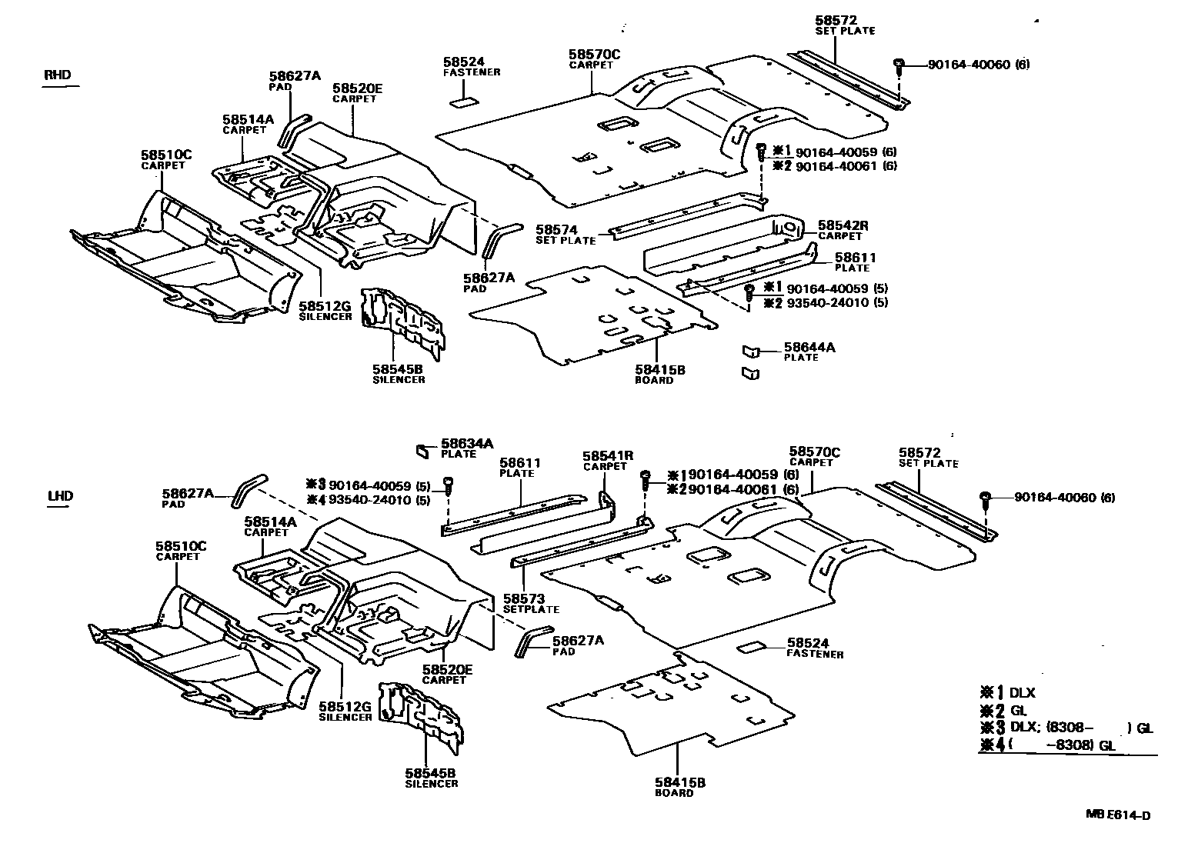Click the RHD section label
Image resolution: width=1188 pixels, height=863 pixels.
(58, 75)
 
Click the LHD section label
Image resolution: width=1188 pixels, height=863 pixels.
(60, 495)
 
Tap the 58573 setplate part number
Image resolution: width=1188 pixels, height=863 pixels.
(524, 598)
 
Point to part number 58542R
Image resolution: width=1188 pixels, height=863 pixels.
(843, 225)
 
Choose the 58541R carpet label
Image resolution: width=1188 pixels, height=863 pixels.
(608, 456)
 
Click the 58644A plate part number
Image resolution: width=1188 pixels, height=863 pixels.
(809, 348)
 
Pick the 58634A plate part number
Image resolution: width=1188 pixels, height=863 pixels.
(466, 444)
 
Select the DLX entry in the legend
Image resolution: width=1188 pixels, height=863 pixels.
(1022, 693)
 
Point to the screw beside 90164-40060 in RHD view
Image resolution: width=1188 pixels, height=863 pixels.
(898, 66)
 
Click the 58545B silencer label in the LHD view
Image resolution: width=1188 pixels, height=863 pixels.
(431, 773)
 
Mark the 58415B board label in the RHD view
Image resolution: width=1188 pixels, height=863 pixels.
(659, 370)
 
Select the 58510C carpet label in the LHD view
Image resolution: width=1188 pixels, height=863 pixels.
(182, 546)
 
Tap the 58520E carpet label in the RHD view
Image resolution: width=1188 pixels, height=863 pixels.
(357, 88)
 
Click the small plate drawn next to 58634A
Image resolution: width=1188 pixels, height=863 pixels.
(422, 451)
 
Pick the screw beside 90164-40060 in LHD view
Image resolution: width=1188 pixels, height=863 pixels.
(986, 498)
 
